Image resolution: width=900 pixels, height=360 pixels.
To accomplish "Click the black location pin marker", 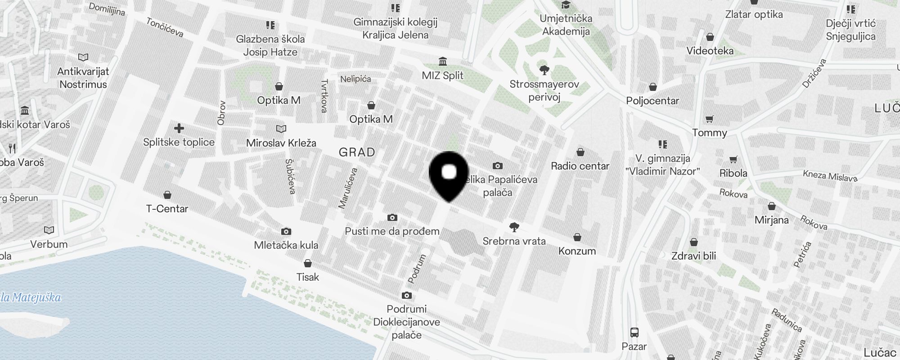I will tap(449, 176).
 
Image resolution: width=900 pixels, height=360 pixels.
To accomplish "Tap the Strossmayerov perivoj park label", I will tap(544, 90).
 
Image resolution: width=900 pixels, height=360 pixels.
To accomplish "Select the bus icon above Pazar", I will tap(634, 333).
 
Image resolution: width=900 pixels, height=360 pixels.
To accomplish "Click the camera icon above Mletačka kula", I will tap(286, 231).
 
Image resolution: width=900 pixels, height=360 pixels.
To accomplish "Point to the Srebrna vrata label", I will tap(514, 241).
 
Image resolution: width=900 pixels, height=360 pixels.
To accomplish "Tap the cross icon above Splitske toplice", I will tap(179, 129).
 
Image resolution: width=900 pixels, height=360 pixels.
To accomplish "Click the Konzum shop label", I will tap(577, 251).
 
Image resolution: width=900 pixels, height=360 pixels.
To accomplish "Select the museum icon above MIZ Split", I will tap(442, 61).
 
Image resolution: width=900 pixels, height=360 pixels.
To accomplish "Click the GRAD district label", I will tap(357, 152).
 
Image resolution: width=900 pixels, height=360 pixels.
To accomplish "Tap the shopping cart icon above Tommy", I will tap(710, 119).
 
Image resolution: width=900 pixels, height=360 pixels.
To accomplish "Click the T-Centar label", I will tap(167, 209).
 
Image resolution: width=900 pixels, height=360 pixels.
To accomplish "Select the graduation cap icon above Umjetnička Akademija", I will tap(566, 5).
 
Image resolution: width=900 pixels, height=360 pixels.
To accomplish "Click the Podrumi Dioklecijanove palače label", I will tap(406, 322).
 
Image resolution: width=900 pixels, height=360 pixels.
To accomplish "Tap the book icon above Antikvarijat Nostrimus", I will tap(83, 57).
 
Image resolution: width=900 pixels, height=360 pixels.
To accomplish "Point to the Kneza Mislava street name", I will tap(830, 176).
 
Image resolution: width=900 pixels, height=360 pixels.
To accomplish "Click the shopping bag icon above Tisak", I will tap(308, 263).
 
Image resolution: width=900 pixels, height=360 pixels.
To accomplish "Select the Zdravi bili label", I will tap(693, 256).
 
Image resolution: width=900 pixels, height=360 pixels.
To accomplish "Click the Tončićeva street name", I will tap(165, 27).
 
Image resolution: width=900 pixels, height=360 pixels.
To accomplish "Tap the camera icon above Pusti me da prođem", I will tap(392, 218).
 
